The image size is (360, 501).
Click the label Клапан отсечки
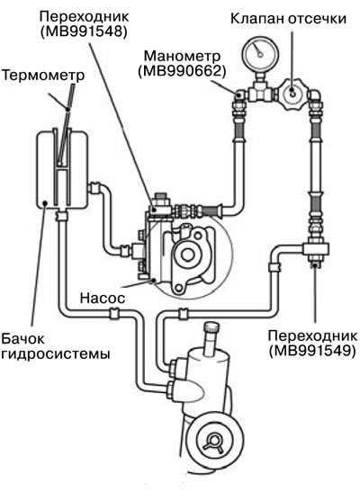pyautogui.click(x=288, y=19)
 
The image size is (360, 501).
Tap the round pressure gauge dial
pyautogui.click(x=259, y=51)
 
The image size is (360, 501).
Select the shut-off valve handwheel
pyautogui.click(x=292, y=94)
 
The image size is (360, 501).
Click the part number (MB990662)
pyautogui.click(x=182, y=71)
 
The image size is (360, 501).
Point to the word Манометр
pyautogui.click(x=182, y=56)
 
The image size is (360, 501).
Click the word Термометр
pyautogui.click(x=43, y=76)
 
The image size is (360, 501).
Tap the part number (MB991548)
pyautogui.click(x=84, y=31)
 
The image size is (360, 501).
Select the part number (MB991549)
pyautogui.click(x=312, y=351)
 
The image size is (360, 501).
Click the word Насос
pyautogui.click(x=103, y=298)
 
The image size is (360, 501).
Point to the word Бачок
pyautogui.click(x=22, y=339)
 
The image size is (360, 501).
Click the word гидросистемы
pyautogui.click(x=56, y=354)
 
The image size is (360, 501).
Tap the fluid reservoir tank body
pyautogui.click(x=62, y=170)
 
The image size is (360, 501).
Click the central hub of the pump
pyautogui.click(x=186, y=254)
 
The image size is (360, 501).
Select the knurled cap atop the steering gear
pyautogui.click(x=211, y=328)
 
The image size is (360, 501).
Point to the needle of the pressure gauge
pyautogui.click(x=256, y=49)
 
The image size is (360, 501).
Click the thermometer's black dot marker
pyautogui.click(x=67, y=109)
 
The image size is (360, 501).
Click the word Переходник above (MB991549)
pyautogui.click(x=312, y=335)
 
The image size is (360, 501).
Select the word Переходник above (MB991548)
pyautogui.click(x=85, y=16)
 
